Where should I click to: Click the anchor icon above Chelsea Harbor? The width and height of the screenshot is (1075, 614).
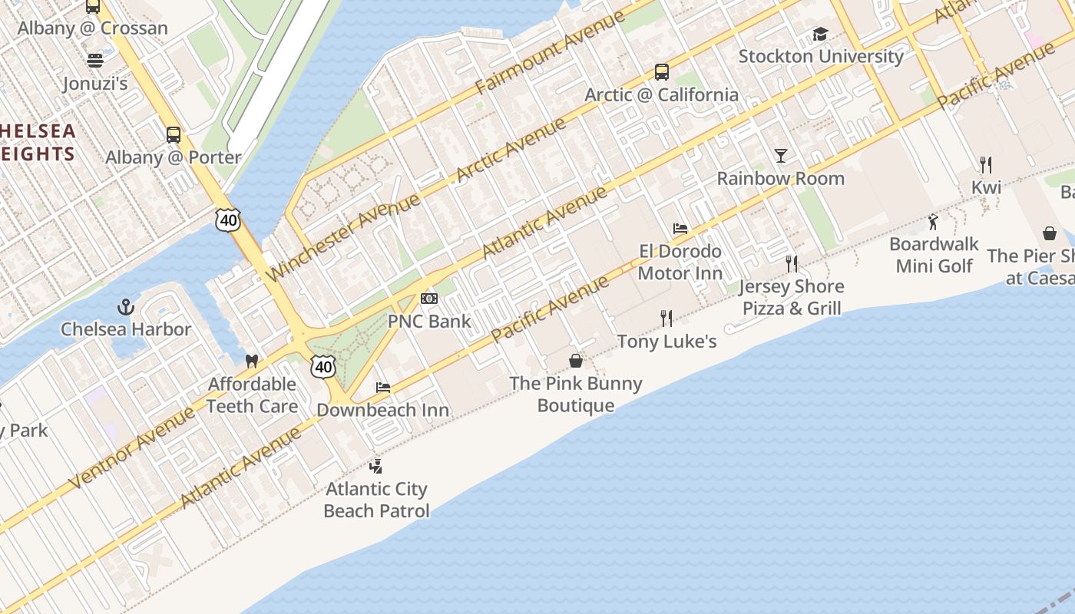click(126, 308)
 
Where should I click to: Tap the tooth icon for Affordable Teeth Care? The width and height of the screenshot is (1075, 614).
click(251, 361)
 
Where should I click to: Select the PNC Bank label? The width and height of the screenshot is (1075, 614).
click(429, 321)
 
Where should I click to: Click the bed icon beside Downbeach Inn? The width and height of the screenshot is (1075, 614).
click(383, 388)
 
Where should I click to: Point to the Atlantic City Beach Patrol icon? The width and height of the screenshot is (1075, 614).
click(375, 466)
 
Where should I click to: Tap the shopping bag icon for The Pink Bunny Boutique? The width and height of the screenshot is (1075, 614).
click(576, 361)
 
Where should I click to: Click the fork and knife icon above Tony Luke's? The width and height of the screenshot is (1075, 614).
click(666, 319)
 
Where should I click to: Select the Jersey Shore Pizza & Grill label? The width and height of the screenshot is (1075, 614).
click(791, 297)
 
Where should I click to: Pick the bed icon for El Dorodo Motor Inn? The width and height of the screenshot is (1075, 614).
click(680, 229)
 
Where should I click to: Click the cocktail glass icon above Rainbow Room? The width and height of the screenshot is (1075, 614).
click(781, 156)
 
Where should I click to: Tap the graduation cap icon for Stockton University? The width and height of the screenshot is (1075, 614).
click(820, 35)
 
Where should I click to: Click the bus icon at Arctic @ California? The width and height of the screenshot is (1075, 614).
click(661, 72)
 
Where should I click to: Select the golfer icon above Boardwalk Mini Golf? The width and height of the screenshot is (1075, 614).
click(934, 223)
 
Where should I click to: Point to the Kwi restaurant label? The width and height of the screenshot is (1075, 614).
click(986, 187)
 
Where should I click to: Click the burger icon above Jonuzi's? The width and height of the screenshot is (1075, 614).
click(95, 60)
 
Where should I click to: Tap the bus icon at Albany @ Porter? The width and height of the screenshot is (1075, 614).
click(174, 135)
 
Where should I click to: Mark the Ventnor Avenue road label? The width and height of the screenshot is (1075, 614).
click(132, 447)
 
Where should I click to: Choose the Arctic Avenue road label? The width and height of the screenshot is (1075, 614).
click(511, 150)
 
